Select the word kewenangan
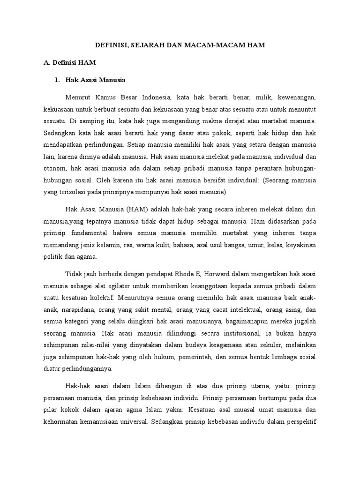pyautogui.click(x=297, y=98)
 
